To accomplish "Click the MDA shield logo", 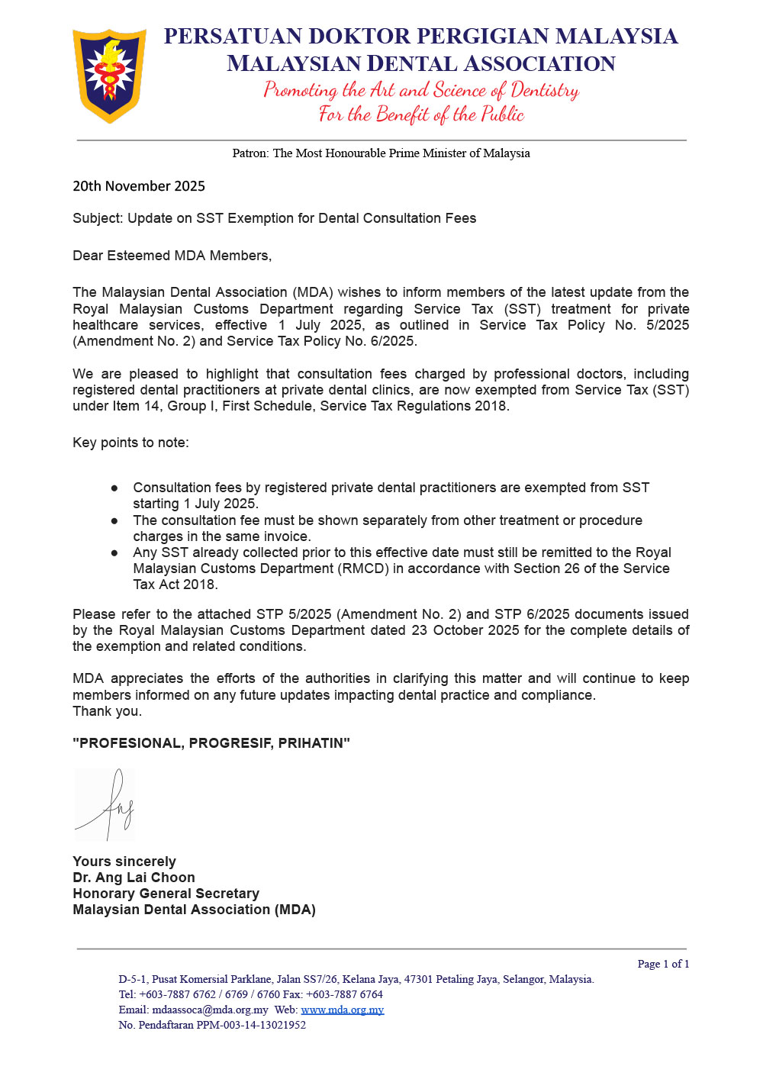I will [109, 76].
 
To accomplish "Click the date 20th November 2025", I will [139, 186].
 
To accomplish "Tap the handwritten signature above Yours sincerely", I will [107, 804].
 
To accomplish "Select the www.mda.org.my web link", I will [343, 1010].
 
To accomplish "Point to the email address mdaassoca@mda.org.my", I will [210, 1010].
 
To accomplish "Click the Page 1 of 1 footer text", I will [663, 964].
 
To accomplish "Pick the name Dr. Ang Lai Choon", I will [134, 878].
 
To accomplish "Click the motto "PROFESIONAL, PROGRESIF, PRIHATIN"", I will [211, 743].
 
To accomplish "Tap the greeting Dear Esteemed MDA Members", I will [172, 256].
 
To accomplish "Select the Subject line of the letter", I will [274, 218].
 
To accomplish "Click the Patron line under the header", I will [381, 153].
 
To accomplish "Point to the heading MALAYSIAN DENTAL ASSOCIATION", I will [420, 63].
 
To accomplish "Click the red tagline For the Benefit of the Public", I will [421, 114].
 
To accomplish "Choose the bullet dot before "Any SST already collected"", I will [114, 552].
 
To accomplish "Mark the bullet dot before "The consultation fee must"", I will [114, 520].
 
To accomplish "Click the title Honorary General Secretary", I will [166, 894].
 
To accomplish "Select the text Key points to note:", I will [130, 443].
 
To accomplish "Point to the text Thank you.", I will [107, 711].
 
